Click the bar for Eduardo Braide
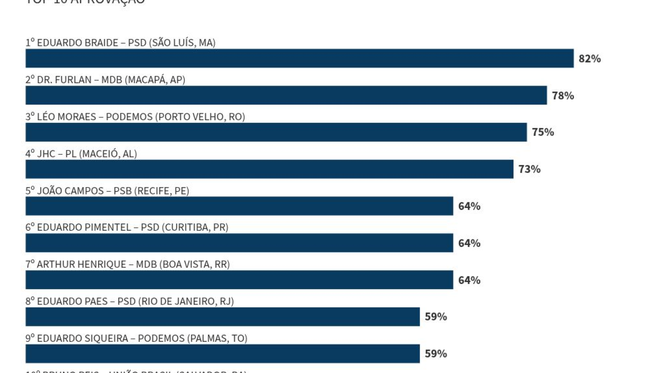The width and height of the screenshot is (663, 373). (299, 58)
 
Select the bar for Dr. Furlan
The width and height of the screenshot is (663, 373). (286, 95)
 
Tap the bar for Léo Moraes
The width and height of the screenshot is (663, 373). (276, 132)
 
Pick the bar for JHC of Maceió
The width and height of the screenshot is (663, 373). (269, 169)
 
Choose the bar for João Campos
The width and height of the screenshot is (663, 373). (239, 206)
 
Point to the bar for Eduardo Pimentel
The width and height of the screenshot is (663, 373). (239, 243)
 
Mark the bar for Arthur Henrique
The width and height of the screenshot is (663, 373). (239, 280)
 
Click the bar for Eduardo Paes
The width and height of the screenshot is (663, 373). (223, 317)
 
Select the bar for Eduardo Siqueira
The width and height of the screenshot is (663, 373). (223, 354)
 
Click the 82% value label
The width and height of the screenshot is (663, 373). (590, 59)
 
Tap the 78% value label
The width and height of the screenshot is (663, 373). (563, 96)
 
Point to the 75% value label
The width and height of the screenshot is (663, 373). (543, 132)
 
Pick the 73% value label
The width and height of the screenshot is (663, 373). (529, 169)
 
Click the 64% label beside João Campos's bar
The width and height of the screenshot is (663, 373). (469, 206)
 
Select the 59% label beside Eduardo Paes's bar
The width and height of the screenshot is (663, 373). (436, 317)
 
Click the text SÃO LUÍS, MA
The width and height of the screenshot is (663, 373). (182, 43)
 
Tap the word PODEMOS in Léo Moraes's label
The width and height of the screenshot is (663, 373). (129, 117)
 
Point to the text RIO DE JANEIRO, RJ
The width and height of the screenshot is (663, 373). (186, 301)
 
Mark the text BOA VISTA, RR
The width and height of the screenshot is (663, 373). (195, 264)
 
